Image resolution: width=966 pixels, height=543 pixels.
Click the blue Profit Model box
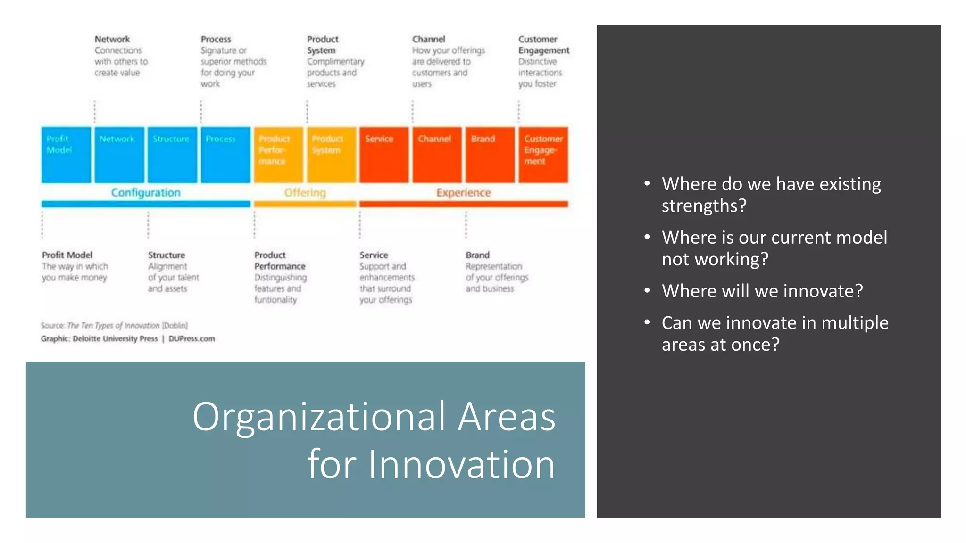coord(66,155)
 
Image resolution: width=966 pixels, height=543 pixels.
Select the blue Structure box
coord(172,155)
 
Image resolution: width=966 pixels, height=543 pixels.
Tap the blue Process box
coord(225,155)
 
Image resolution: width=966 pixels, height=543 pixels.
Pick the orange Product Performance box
coord(278,155)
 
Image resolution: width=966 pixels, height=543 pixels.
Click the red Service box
coord(384,155)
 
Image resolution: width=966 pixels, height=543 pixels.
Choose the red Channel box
coord(437,155)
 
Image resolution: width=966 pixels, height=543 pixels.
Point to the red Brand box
coord(490,155)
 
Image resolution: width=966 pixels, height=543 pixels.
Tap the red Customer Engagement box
coord(543,155)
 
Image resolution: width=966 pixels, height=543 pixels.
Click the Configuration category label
coord(146,192)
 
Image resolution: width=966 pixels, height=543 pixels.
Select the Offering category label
coord(305,192)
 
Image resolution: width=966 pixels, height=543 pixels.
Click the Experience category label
coord(463,192)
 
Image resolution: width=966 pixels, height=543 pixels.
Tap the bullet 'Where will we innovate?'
coord(762,291)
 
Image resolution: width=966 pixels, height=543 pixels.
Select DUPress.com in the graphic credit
coord(192,338)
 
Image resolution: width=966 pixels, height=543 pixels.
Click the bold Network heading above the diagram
coord(112,39)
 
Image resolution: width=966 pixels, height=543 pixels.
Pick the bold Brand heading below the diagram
coord(477,255)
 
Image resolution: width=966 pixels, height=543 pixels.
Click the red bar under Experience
coord(463,204)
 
